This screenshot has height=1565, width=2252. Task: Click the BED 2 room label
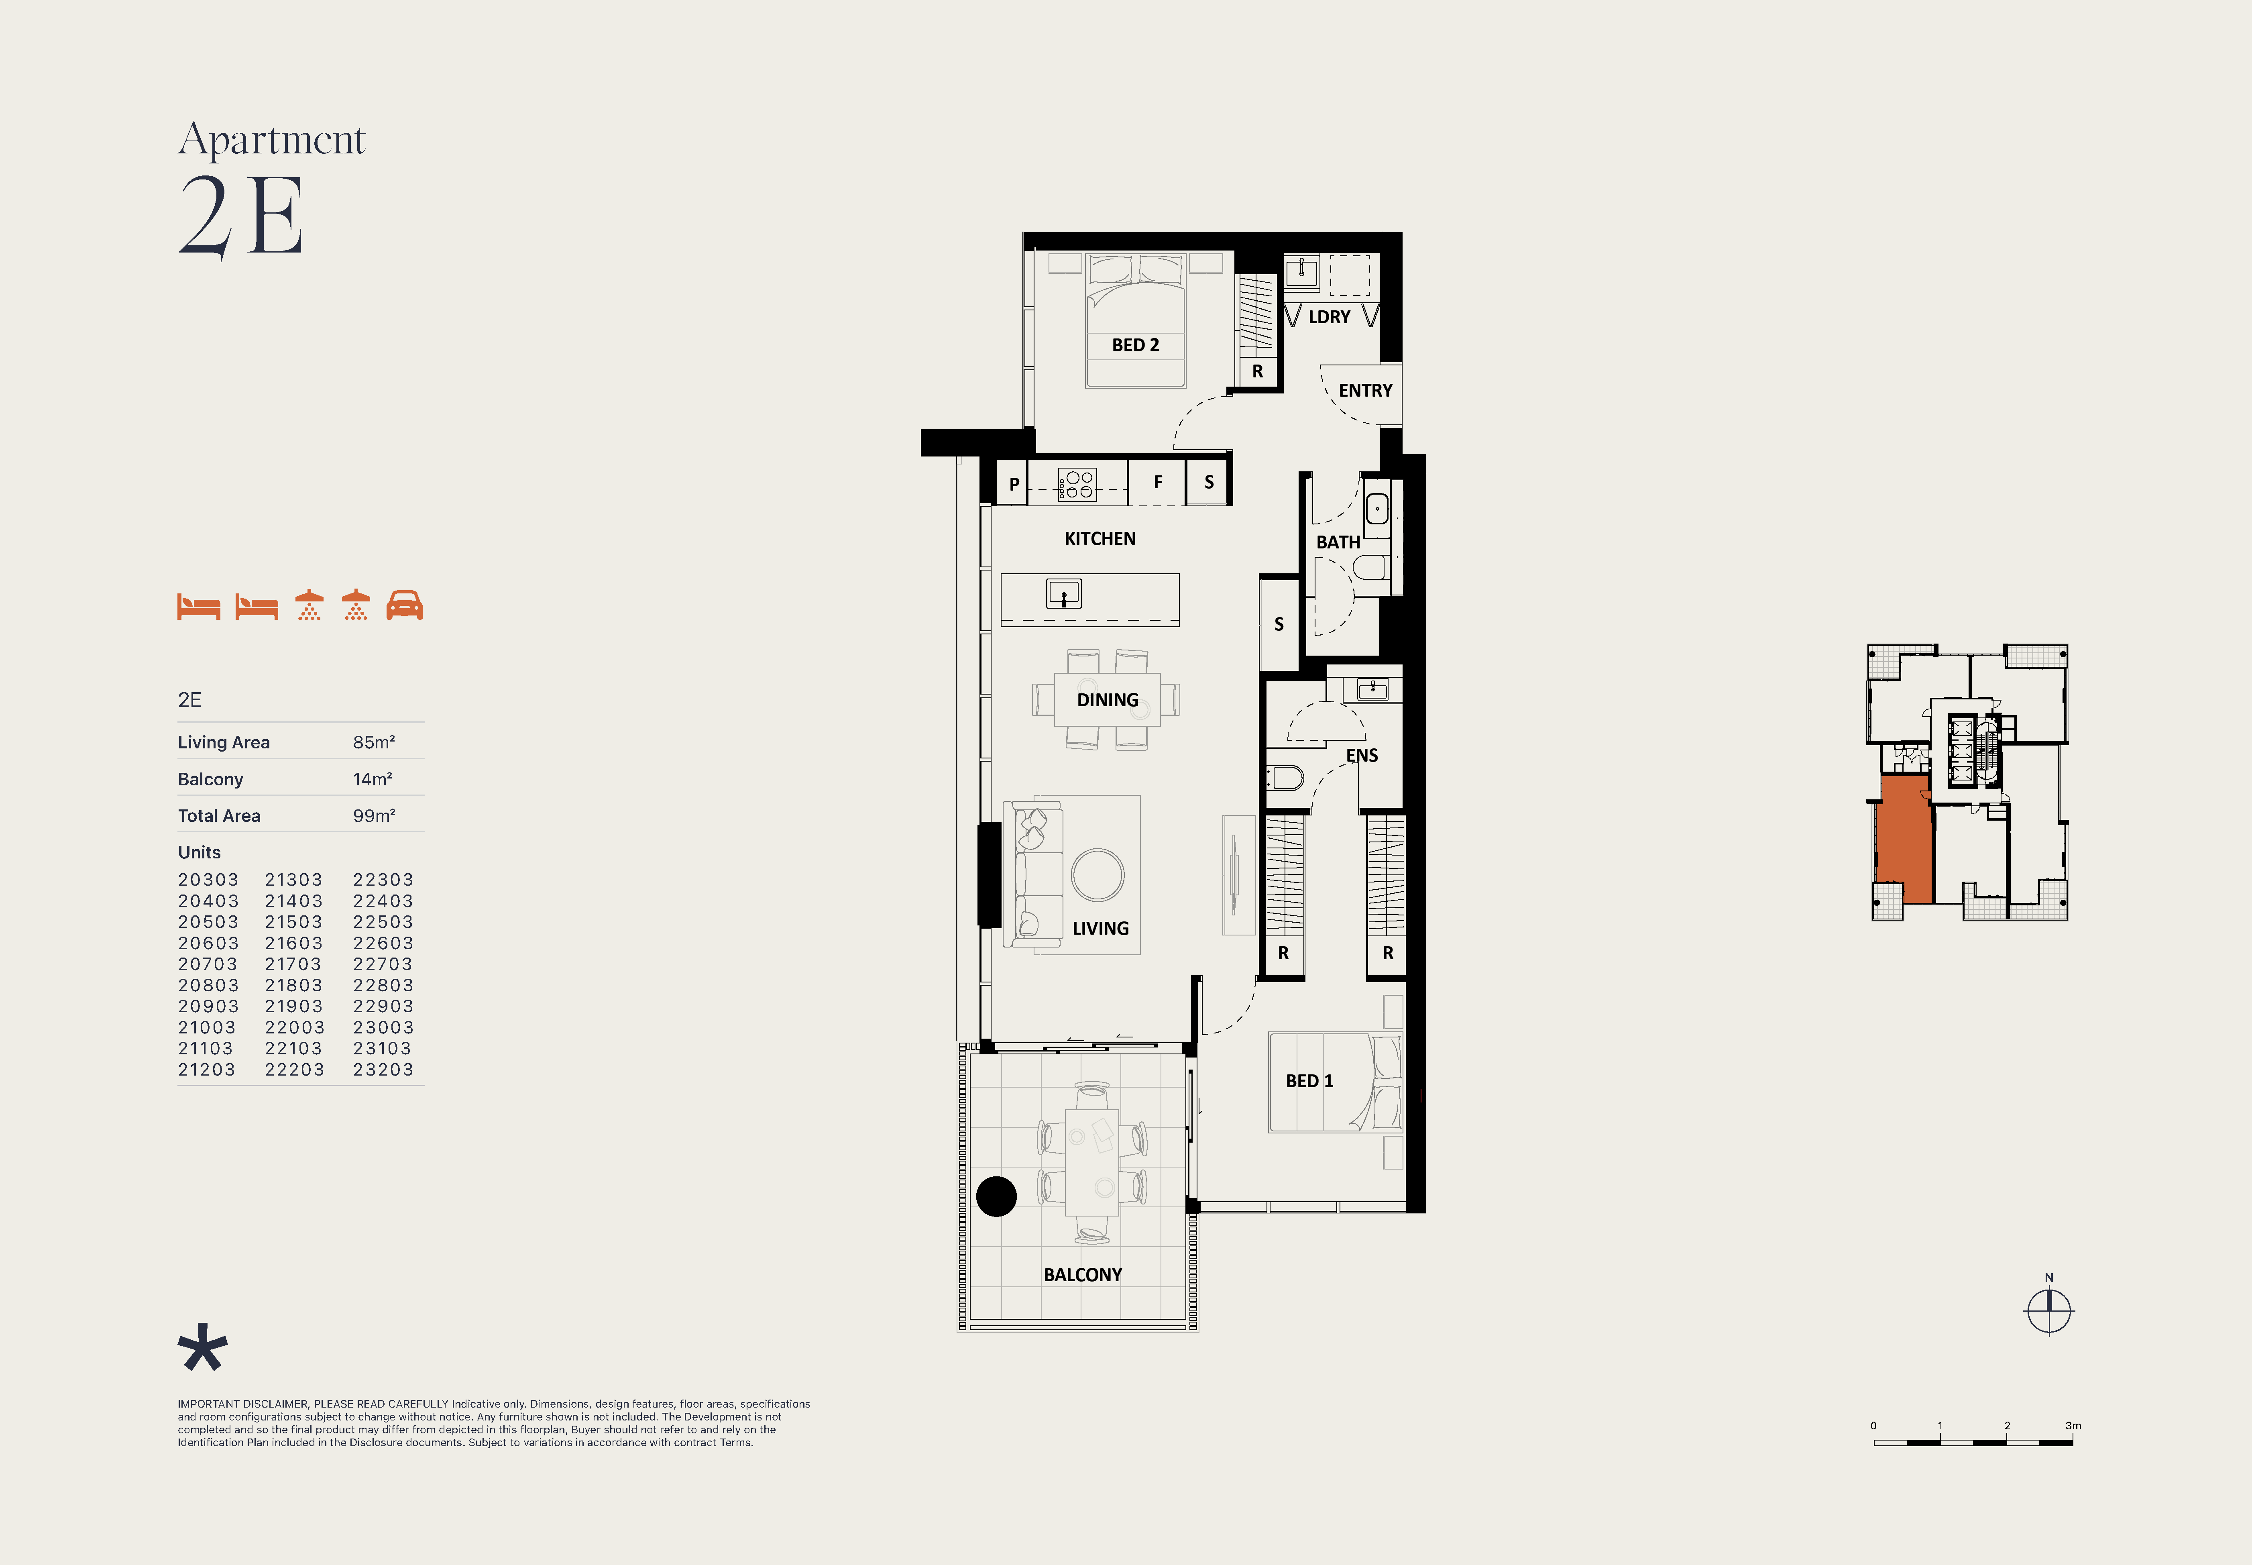point(1135,345)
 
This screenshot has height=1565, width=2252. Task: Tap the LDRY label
point(1330,317)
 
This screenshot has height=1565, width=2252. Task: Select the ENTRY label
point(1365,390)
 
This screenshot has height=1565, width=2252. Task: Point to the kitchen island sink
point(1064,593)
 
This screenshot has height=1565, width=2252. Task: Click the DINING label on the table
point(1108,700)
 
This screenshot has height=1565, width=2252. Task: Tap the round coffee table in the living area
point(1098,875)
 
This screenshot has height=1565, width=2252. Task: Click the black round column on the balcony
point(996,1196)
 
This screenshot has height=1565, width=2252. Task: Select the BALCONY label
point(1082,1275)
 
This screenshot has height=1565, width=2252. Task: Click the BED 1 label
point(1309,1080)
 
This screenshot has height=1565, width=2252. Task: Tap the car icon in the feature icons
point(404,605)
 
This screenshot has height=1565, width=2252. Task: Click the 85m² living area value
point(374,742)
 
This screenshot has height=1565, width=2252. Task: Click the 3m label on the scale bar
point(2073,1426)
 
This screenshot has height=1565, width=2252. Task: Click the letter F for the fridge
point(1158,483)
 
